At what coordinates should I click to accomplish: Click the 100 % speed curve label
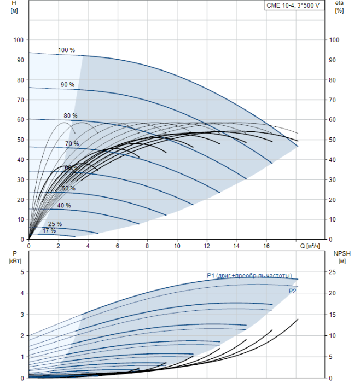66,50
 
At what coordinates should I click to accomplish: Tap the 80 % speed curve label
71,116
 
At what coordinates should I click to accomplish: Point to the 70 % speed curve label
72,144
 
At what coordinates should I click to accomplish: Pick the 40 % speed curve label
64,205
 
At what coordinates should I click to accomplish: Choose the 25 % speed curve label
55,224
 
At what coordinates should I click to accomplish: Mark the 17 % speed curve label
49,231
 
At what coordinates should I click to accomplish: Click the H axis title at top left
14,8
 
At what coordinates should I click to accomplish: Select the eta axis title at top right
339,8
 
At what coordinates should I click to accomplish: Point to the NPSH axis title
340,257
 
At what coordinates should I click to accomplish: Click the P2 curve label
293,292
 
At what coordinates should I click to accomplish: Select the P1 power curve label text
249,275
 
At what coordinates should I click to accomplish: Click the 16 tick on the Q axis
266,247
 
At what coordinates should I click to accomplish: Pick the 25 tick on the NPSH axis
336,272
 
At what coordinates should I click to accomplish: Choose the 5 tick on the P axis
21,272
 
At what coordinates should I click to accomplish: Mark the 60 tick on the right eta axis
334,120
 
